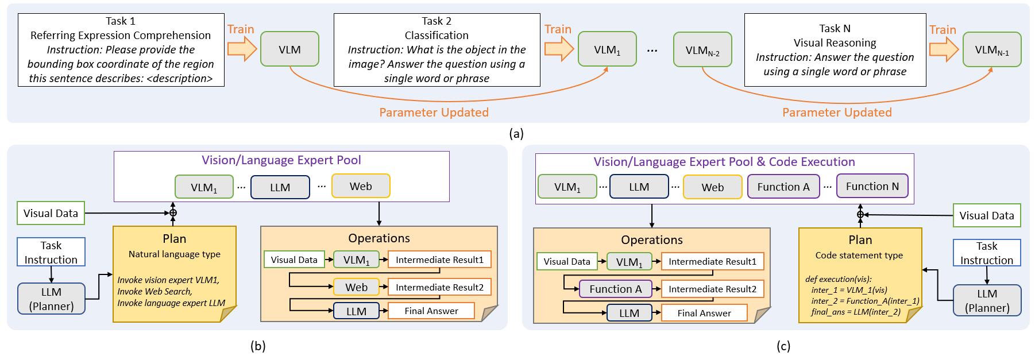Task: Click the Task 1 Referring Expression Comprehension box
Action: pyautogui.click(x=121, y=50)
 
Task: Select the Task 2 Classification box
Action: pyautogui.click(x=437, y=50)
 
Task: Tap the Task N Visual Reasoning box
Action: pyautogui.click(x=835, y=50)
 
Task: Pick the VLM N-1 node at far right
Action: pyautogui.click(x=992, y=51)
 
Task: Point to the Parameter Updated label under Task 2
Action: pyautogui.click(x=434, y=113)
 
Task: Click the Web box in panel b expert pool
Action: pyautogui.click(x=361, y=187)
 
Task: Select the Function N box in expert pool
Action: pyautogui.click(x=872, y=186)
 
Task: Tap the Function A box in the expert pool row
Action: pyautogui.click(x=783, y=187)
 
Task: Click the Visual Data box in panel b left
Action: pyautogui.click(x=51, y=214)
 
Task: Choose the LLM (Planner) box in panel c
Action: pyautogui.click(x=987, y=300)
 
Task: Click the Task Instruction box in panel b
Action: pyautogui.click(x=51, y=252)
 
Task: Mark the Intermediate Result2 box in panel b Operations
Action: pyautogui.click(x=439, y=287)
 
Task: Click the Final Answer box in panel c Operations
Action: pyautogui.click(x=704, y=313)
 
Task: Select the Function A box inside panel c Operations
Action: pyautogui.click(x=615, y=289)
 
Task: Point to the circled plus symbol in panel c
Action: pyautogui.click(x=860, y=215)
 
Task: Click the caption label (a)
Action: pyautogui.click(x=516, y=134)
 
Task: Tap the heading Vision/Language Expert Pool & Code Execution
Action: pyautogui.click(x=724, y=162)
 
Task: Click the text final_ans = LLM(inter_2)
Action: pyautogui.click(x=855, y=312)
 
